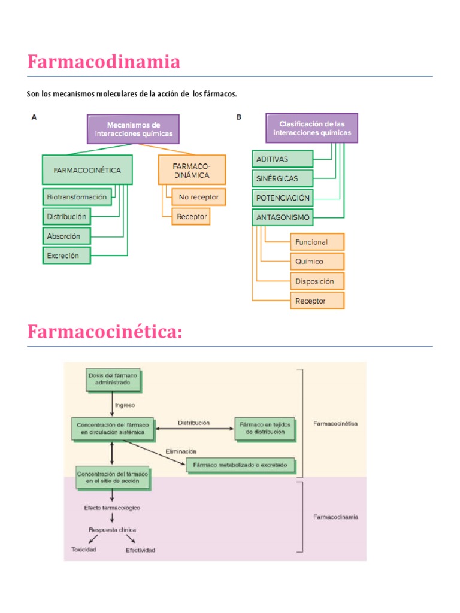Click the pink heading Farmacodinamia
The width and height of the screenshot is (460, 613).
click(x=104, y=62)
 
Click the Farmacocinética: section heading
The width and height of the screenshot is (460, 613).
click(x=104, y=332)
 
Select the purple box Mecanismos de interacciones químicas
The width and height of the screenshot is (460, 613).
click(x=134, y=129)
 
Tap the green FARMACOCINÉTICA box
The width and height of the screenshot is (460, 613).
click(x=87, y=170)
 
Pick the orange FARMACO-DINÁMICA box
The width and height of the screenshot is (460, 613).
click(x=192, y=170)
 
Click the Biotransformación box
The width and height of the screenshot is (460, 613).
click(x=77, y=196)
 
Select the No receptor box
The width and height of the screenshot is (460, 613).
click(x=199, y=196)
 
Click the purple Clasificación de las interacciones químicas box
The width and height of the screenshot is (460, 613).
click(x=311, y=128)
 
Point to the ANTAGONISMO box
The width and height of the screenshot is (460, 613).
click(x=283, y=218)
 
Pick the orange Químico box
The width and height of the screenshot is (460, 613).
click(x=317, y=262)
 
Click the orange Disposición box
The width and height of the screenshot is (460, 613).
click(x=317, y=281)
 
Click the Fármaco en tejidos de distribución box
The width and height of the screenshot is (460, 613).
click(x=265, y=427)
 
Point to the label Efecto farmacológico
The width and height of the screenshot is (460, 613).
click(x=112, y=508)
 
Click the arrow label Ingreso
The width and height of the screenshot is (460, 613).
click(x=125, y=405)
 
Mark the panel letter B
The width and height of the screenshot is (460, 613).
click(x=238, y=117)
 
